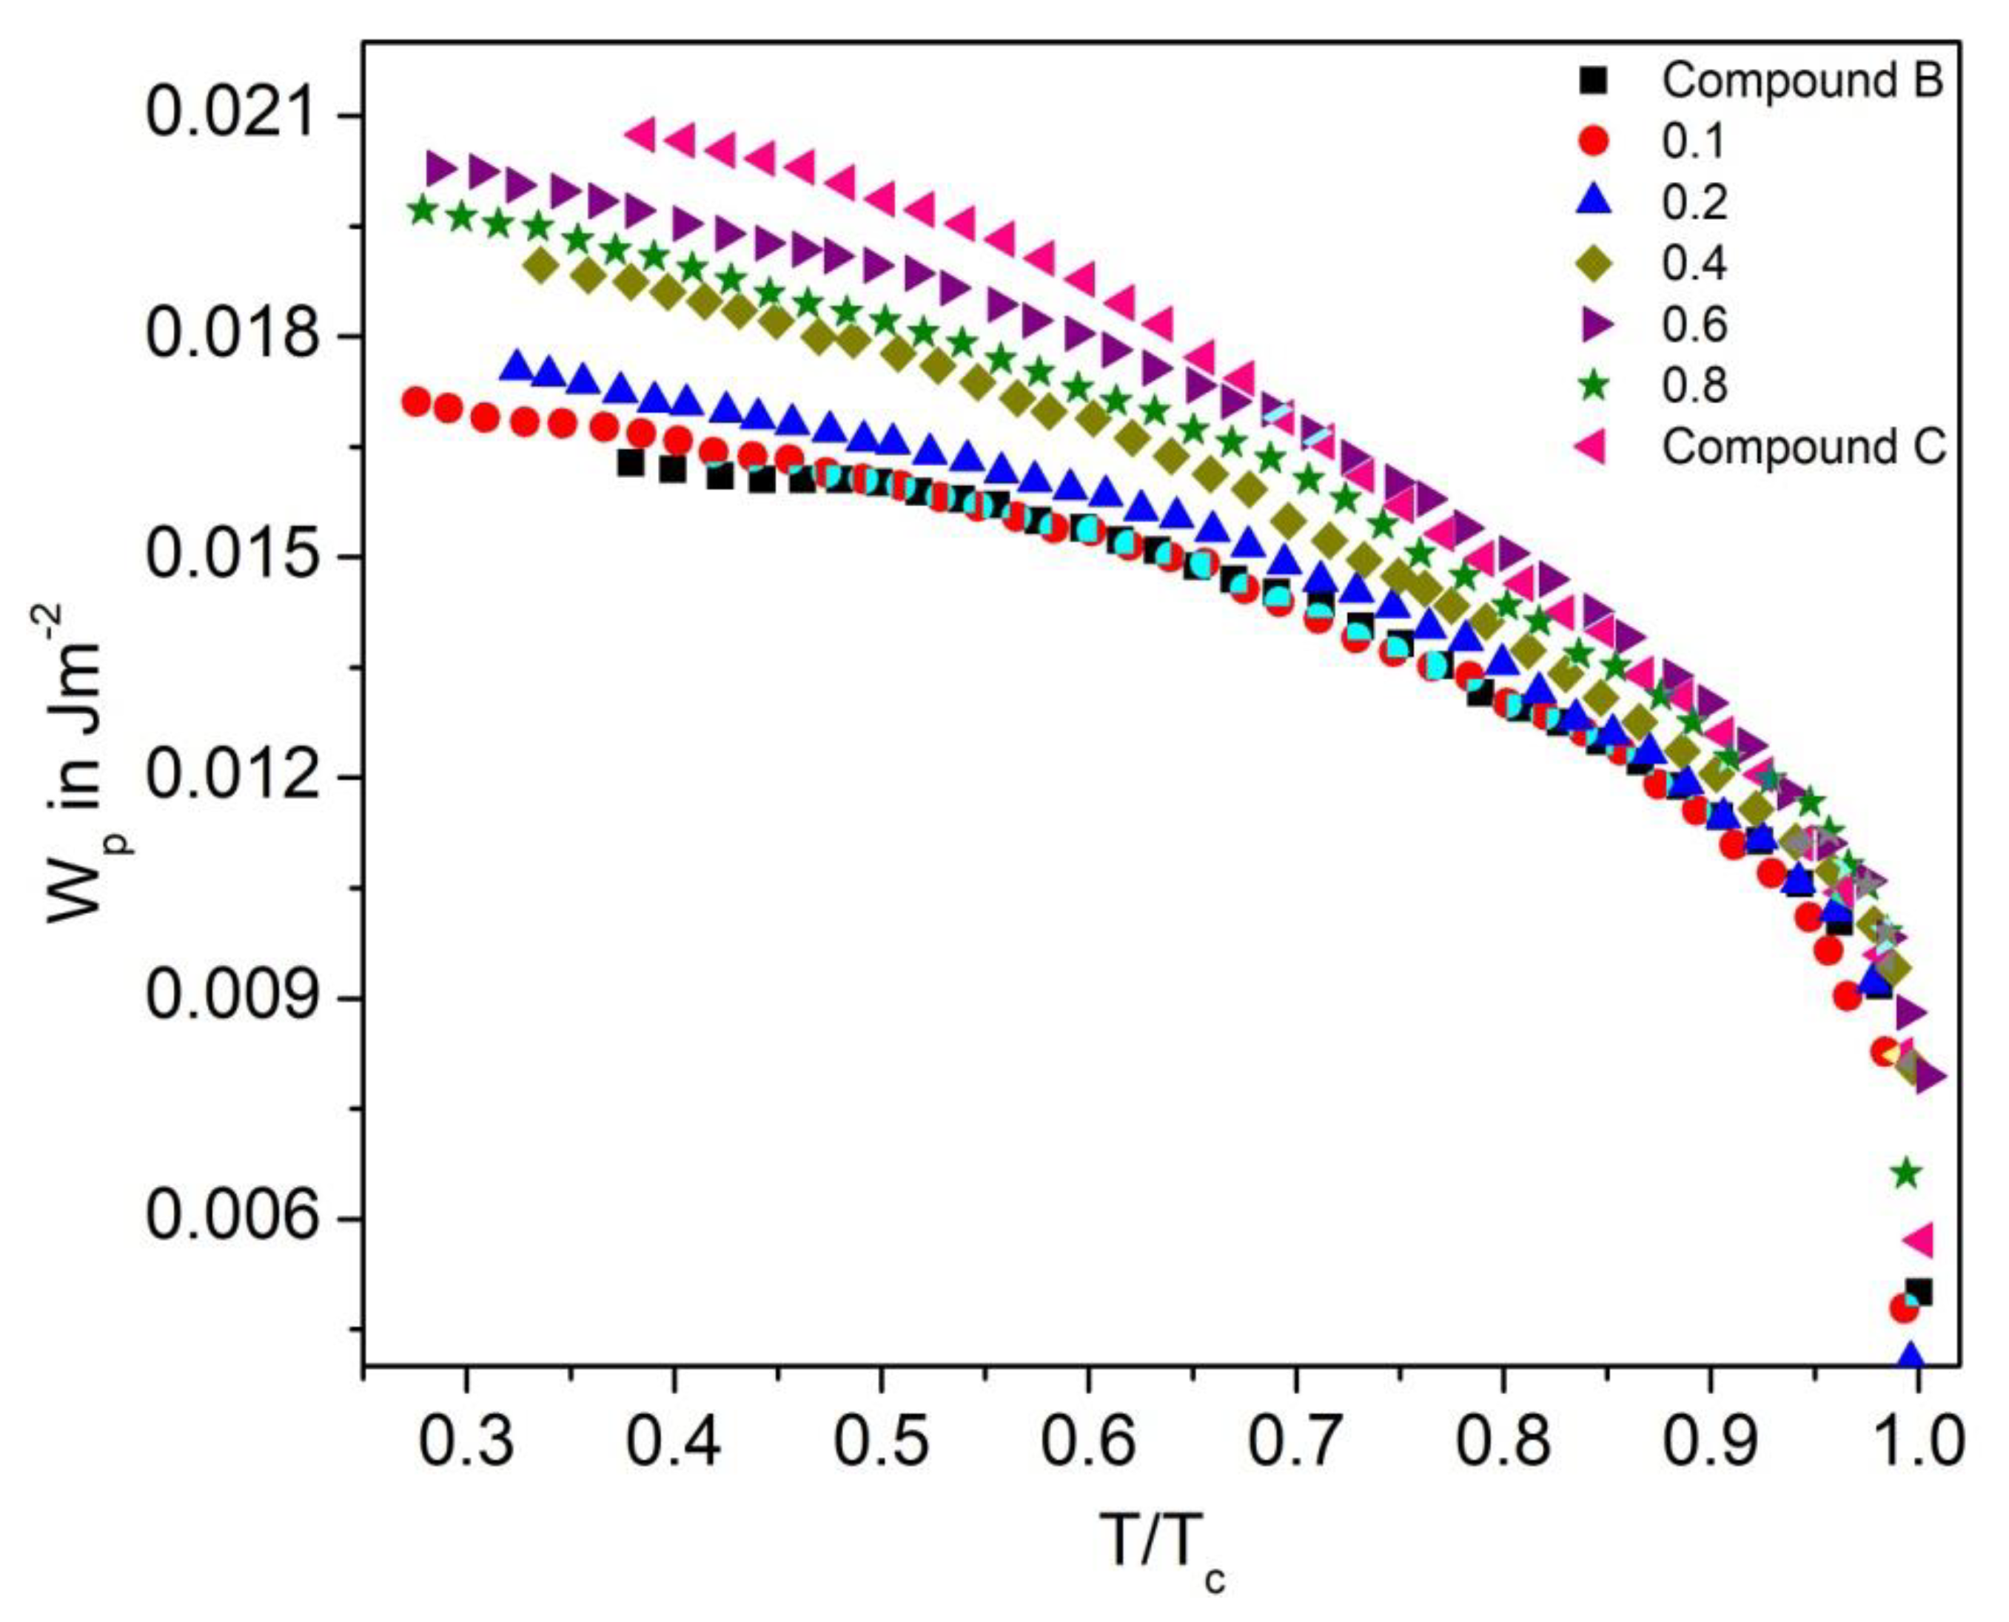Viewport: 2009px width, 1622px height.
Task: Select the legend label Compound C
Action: (x=1803, y=448)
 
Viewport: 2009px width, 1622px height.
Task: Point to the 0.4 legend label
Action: (x=1694, y=264)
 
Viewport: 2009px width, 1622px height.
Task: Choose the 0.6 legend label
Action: (x=1694, y=325)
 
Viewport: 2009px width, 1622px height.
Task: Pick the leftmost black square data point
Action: (x=631, y=462)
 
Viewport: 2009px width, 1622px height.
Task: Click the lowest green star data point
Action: (x=1907, y=1174)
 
